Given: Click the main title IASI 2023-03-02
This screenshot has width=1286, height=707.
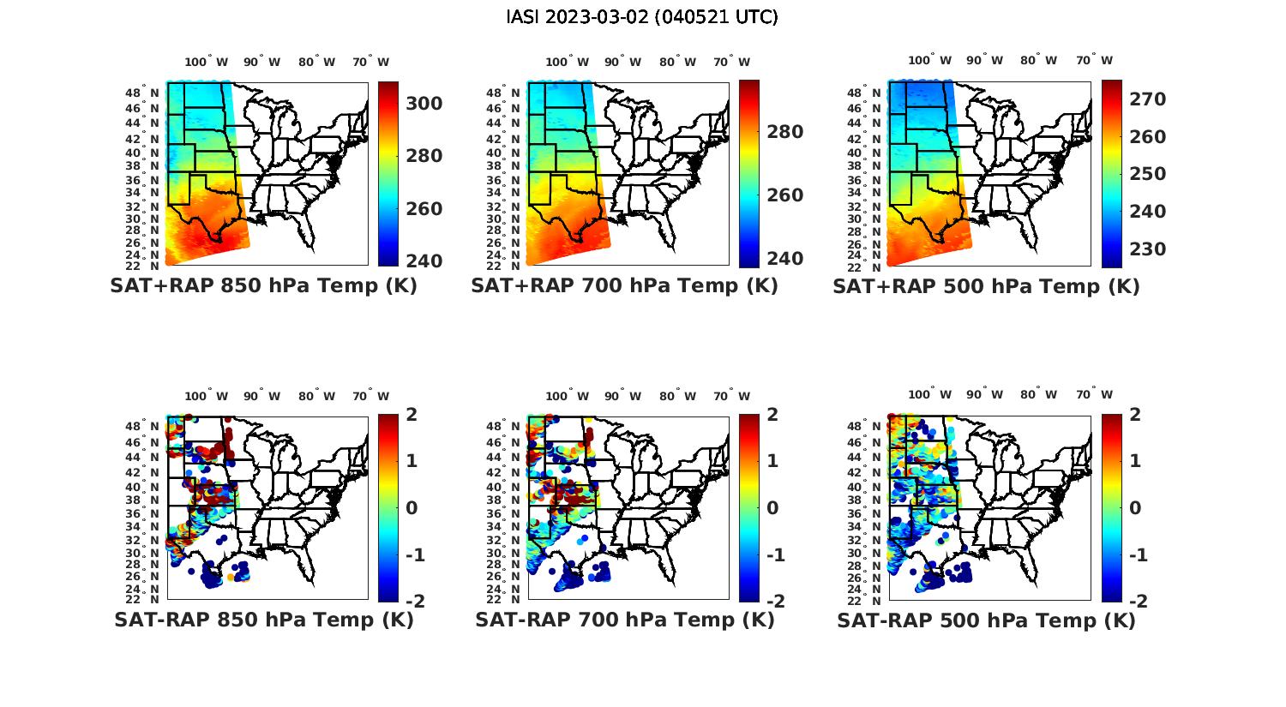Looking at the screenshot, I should [x=642, y=17].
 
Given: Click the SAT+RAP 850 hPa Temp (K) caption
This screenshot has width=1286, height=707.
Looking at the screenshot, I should [x=263, y=286].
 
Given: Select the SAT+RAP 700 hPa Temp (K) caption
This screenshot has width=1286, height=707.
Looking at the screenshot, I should [x=624, y=286].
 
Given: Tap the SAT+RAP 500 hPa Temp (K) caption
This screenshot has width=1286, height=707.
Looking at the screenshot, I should [x=986, y=287].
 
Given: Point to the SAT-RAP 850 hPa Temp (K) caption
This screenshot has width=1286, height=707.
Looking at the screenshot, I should [x=263, y=620].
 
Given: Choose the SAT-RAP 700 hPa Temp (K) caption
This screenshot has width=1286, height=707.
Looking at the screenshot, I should [x=624, y=620].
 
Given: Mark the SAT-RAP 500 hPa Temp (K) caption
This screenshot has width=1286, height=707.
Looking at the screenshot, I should [x=986, y=620].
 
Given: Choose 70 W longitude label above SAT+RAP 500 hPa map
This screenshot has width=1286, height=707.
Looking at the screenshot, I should [x=1094, y=61].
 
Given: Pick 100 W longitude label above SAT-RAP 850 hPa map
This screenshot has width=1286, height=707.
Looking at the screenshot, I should [x=206, y=396].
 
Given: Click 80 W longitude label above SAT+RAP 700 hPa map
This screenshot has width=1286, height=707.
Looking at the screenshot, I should [x=678, y=63].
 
